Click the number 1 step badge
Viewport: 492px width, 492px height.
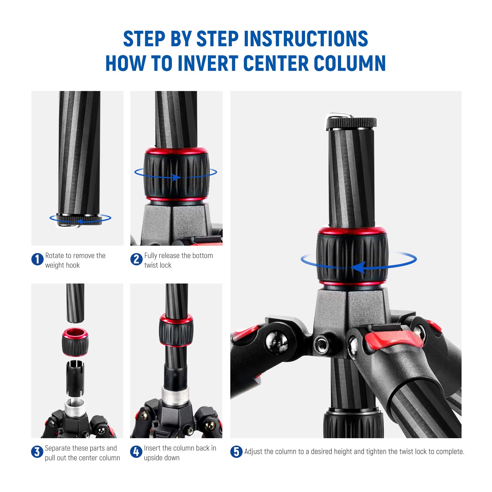[37, 259]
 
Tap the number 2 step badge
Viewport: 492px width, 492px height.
[136, 259]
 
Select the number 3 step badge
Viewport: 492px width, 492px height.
[37, 452]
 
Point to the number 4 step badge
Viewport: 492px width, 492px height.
[136, 452]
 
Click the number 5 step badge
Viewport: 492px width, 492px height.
[236, 452]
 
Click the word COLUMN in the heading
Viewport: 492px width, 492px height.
[350, 63]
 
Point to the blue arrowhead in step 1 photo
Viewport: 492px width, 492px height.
[79, 221]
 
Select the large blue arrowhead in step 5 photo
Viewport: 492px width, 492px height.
[358, 268]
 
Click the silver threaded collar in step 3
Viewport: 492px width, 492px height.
[75, 407]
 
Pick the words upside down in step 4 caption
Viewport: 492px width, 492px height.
[161, 458]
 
